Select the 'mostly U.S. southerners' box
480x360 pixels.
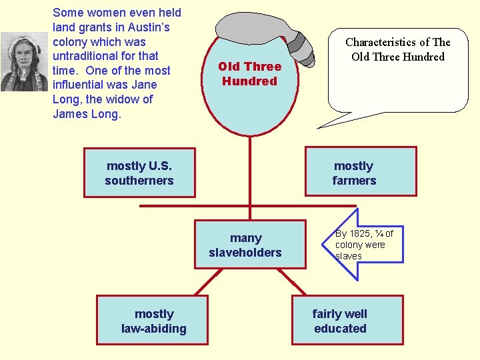tap(139, 173)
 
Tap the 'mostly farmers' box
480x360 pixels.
tap(361, 171)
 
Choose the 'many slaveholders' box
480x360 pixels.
tap(250, 244)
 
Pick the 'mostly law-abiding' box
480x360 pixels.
tap(153, 321)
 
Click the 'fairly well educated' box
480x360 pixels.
tap(347, 321)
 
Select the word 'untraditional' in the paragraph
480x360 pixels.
tap(86, 56)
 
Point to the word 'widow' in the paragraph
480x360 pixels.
tap(132, 99)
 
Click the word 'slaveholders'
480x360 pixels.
tap(245, 253)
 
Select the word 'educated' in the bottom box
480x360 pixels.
tap(340, 328)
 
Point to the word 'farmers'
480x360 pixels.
tap(354, 181)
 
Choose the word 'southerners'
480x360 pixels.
tap(139, 181)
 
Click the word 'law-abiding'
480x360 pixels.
tap(153, 328)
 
